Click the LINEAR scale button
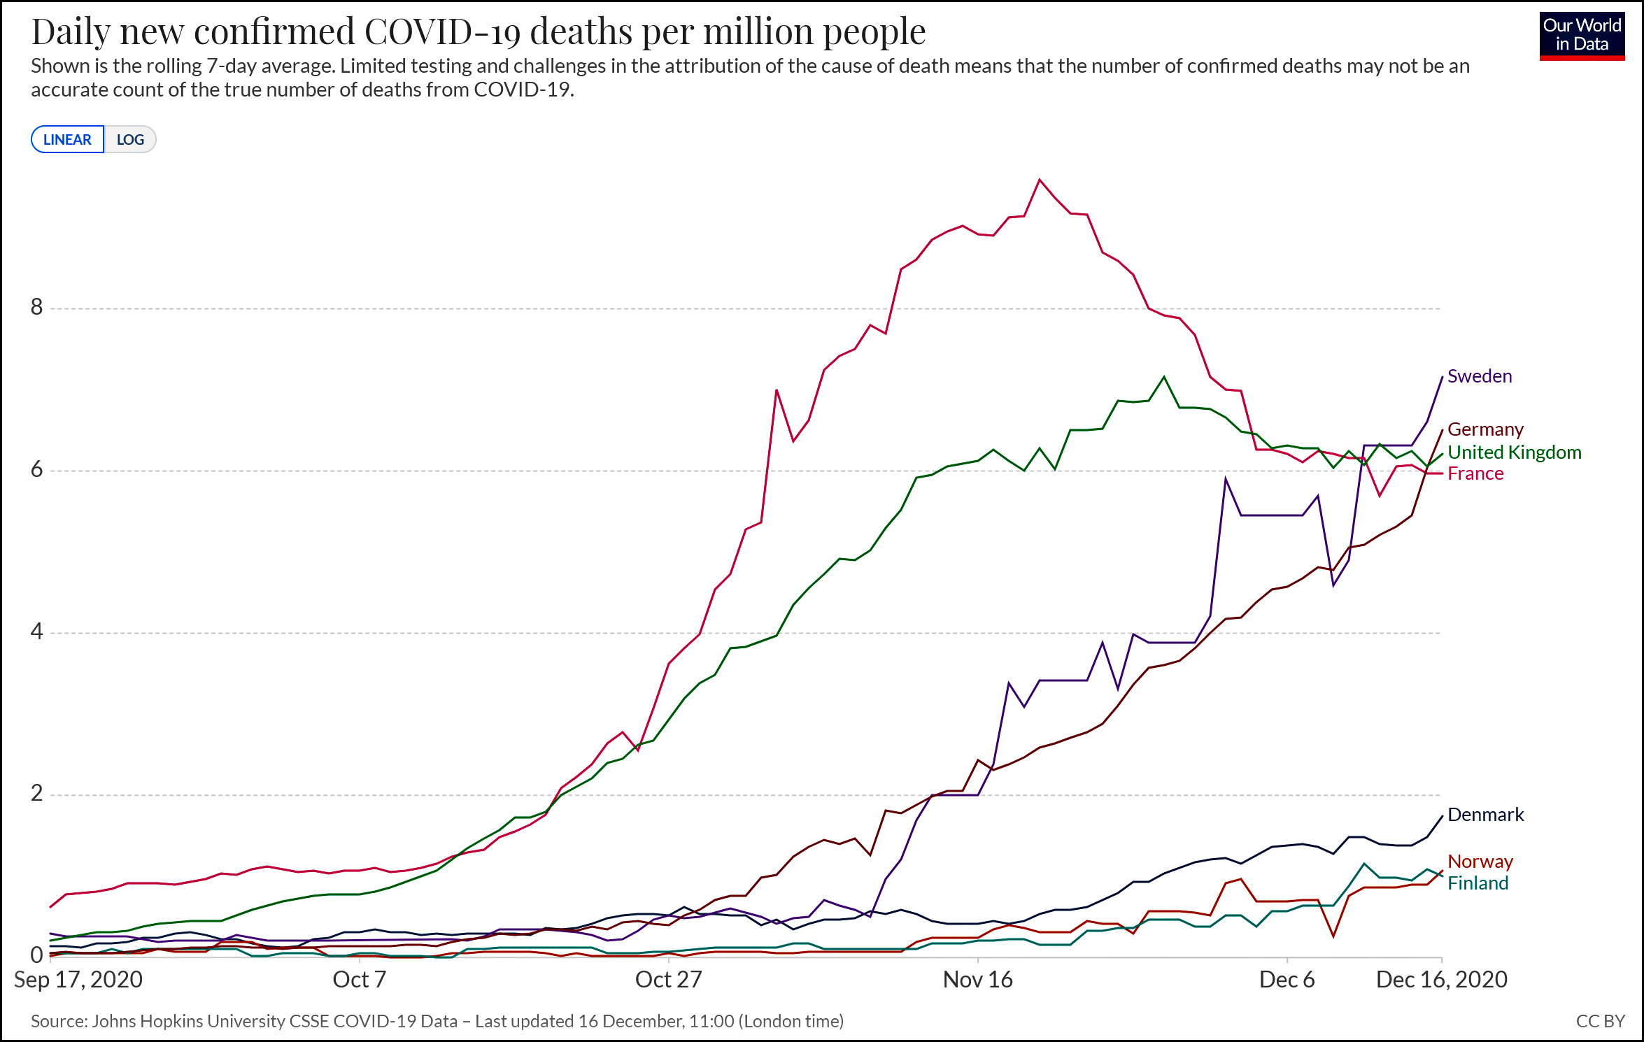pos(67,139)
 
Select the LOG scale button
pos(130,139)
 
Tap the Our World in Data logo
pos(1582,36)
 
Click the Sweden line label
pos(1480,376)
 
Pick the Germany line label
pos(1485,429)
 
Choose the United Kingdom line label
pos(1514,452)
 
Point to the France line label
pos(1475,473)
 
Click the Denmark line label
pos(1485,815)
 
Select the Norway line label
pos(1480,862)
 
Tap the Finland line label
pos(1478,883)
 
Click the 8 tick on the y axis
pos(36,307)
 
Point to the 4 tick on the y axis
pos(36,631)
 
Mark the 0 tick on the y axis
pos(36,955)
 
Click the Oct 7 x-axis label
pos(359,980)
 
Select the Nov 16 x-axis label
pos(977,980)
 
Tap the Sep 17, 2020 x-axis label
pos(78,980)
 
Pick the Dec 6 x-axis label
pos(1287,980)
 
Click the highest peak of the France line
pos(1040,180)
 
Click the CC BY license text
pos(1600,1021)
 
